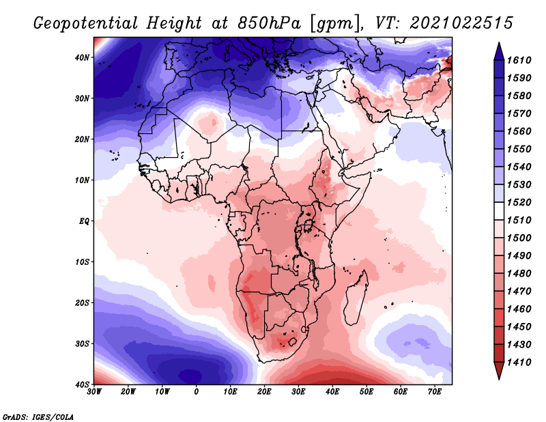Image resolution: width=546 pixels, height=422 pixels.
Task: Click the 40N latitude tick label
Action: point(82,57)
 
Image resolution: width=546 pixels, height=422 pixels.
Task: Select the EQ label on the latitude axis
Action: point(84,221)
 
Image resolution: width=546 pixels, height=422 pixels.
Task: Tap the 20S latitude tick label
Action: point(82,303)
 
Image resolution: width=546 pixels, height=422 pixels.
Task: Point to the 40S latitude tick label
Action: point(82,384)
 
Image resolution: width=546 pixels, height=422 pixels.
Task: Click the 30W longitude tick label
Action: point(94,392)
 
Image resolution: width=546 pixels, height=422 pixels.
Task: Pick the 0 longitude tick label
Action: point(197,392)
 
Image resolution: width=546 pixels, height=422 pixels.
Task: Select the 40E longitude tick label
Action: point(332,392)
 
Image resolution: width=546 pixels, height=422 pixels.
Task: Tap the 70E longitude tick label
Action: point(435,392)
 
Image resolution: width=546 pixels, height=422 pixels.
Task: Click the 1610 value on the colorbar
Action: point(519,60)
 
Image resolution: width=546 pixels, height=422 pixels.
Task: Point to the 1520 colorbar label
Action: point(519,202)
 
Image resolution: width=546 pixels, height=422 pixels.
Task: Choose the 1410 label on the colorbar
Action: point(519,363)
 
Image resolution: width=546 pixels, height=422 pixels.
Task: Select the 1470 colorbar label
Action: point(519,292)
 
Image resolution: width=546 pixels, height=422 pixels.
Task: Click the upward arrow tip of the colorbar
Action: point(499,43)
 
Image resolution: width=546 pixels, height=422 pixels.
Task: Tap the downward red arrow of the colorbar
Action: point(499,371)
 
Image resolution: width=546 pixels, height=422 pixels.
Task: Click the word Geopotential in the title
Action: point(86,23)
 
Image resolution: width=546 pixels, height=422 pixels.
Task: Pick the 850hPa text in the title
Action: point(270,23)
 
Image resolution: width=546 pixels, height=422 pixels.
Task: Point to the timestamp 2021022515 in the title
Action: point(461,23)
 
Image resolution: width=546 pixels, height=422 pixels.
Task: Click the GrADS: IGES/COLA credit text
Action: point(38,417)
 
